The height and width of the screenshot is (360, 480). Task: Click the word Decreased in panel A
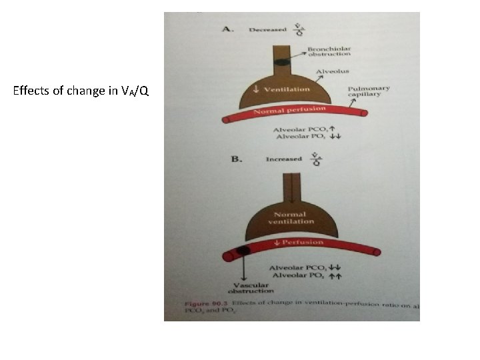coord(267,30)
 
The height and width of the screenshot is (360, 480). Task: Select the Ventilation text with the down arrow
coord(285,89)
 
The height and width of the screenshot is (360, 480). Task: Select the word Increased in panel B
coord(283,159)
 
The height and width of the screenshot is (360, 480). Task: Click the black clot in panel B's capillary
coord(243,251)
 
